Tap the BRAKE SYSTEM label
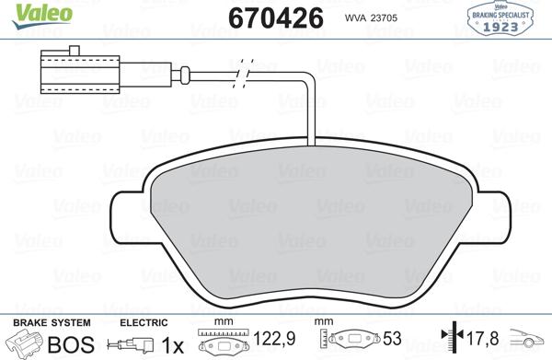[51, 324]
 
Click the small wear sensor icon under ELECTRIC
[128, 346]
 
